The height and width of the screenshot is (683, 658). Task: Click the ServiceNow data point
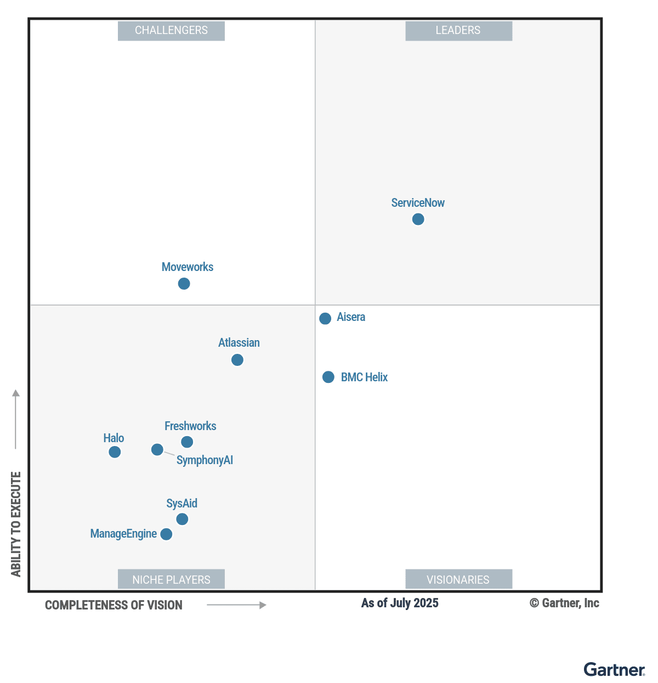click(418, 219)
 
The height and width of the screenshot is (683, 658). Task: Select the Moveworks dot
click(184, 284)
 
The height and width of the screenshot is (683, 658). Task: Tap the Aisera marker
click(325, 318)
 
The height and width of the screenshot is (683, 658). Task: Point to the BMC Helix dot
click(328, 377)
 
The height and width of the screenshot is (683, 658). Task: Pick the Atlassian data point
click(237, 360)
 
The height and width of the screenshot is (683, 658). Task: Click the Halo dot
click(115, 452)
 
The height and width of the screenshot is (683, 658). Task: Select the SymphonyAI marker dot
click(157, 450)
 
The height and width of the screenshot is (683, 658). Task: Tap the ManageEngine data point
click(166, 534)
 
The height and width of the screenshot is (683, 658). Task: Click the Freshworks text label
click(190, 426)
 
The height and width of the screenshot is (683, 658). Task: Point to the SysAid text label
click(181, 504)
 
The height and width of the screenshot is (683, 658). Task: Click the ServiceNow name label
click(418, 203)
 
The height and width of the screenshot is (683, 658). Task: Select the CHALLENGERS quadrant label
click(171, 31)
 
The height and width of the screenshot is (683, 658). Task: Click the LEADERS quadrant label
click(458, 31)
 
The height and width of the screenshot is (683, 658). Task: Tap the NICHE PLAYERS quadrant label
click(171, 580)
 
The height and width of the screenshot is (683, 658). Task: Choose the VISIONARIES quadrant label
click(458, 580)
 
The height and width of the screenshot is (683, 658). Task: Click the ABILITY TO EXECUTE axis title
click(16, 524)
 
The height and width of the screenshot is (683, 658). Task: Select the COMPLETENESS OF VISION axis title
click(114, 605)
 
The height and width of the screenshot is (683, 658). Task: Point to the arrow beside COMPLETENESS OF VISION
click(236, 605)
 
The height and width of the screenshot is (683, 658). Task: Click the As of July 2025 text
click(400, 603)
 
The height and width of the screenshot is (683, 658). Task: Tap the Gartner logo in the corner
click(614, 670)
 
